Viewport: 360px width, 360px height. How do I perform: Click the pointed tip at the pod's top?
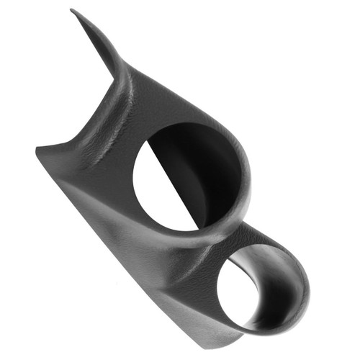72,10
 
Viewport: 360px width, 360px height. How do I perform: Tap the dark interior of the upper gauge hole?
191,173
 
